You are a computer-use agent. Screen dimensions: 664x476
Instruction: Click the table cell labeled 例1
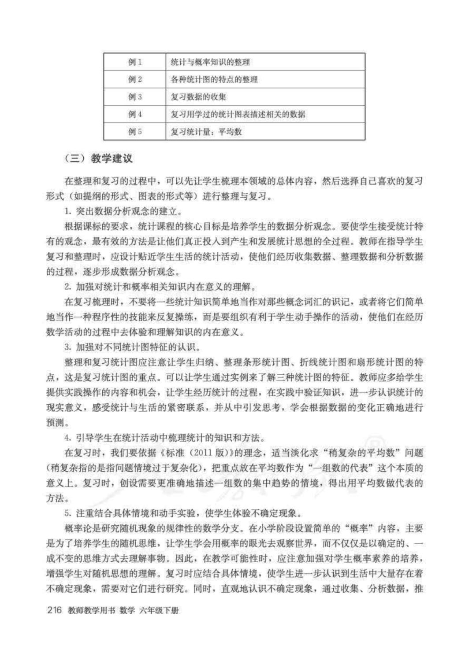tap(135, 62)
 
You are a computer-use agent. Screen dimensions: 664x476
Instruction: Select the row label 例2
tap(135, 80)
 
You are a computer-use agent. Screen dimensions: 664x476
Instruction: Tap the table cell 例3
tap(135, 97)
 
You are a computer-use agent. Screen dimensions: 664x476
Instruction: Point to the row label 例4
tap(135, 114)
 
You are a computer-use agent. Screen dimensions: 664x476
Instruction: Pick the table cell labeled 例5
tap(135, 132)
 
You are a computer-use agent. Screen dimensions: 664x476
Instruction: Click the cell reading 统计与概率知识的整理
tap(210, 62)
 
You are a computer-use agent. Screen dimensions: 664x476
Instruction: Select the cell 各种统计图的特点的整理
tap(214, 80)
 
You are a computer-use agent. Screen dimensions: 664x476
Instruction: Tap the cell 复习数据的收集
tap(198, 97)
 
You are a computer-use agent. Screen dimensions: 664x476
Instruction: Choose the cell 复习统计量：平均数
tap(206, 132)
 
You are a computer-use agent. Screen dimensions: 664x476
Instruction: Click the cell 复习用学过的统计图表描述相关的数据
tap(238, 114)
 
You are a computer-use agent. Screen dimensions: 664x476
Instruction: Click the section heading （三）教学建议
tap(99, 159)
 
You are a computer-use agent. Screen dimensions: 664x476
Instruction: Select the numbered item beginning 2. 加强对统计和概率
tap(160, 287)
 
